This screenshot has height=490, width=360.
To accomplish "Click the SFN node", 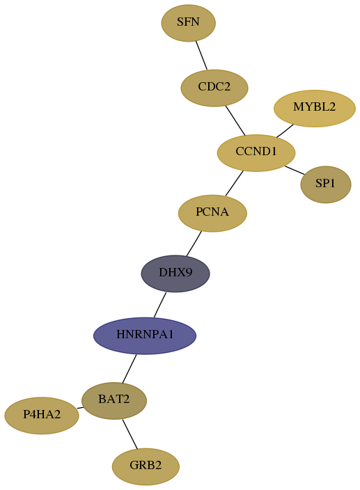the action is [x=188, y=23].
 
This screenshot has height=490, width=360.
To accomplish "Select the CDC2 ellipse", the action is [x=214, y=88].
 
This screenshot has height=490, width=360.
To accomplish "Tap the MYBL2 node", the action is [x=314, y=109].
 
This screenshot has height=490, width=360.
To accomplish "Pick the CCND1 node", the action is [x=256, y=153].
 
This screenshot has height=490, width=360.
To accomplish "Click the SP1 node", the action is [x=326, y=184].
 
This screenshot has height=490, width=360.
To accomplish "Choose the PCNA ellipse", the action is [x=212, y=214].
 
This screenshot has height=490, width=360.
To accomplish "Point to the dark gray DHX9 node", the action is [x=175, y=274].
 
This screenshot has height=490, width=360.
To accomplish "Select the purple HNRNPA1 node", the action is [x=145, y=336].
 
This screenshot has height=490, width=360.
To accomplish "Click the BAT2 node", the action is [x=114, y=401].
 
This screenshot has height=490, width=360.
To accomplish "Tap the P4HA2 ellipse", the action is [x=42, y=416].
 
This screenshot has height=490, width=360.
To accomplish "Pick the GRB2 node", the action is [x=146, y=466].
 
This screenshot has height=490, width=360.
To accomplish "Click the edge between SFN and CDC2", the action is [x=201, y=55].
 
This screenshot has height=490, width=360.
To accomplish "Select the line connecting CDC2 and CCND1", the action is [x=235, y=120].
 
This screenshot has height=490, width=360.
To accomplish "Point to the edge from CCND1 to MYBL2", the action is [x=285, y=131].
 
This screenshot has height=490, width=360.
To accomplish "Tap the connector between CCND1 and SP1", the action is [x=295, y=171].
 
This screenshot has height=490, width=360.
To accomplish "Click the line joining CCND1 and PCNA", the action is [x=234, y=184].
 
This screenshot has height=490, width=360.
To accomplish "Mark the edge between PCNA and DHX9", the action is [x=194, y=244].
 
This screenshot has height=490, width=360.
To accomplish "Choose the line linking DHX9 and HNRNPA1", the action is [x=160, y=305].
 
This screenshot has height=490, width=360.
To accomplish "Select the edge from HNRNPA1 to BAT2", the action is [x=130, y=368].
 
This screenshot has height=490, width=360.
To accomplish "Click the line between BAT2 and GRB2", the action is [x=130, y=434].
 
